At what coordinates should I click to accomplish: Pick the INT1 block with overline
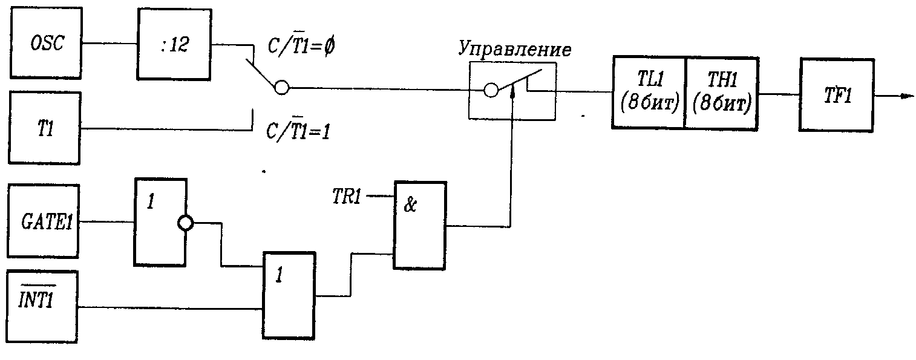coord(43,306)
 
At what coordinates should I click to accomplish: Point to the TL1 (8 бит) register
coord(648,93)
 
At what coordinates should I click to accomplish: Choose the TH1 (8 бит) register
coord(721,93)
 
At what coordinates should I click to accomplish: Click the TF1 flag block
coord(836,95)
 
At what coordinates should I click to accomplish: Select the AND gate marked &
coord(420,225)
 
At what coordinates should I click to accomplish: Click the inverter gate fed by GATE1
coord(160,222)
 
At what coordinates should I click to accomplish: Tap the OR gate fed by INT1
coord(289,295)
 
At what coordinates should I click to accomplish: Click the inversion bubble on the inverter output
coord(185,223)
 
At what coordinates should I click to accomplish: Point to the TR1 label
coord(348,195)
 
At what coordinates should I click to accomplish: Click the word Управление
coord(514,50)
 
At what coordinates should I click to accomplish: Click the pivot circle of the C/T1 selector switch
coord(281,88)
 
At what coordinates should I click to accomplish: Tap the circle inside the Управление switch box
coord(491,91)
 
